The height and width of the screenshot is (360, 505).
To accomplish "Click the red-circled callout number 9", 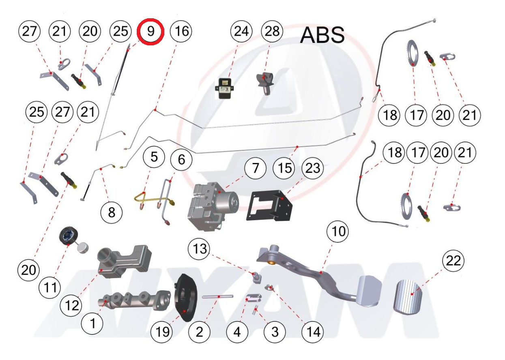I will pyautogui.click(x=150, y=32).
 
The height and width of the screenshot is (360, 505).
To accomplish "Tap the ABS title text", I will pyautogui.click(x=322, y=35).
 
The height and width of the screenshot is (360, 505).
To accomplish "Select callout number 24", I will pyautogui.click(x=241, y=32).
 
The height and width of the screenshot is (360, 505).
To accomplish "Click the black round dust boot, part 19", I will pyautogui.click(x=185, y=298).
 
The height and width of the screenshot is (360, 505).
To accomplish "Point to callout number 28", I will pyautogui.click(x=272, y=32).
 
